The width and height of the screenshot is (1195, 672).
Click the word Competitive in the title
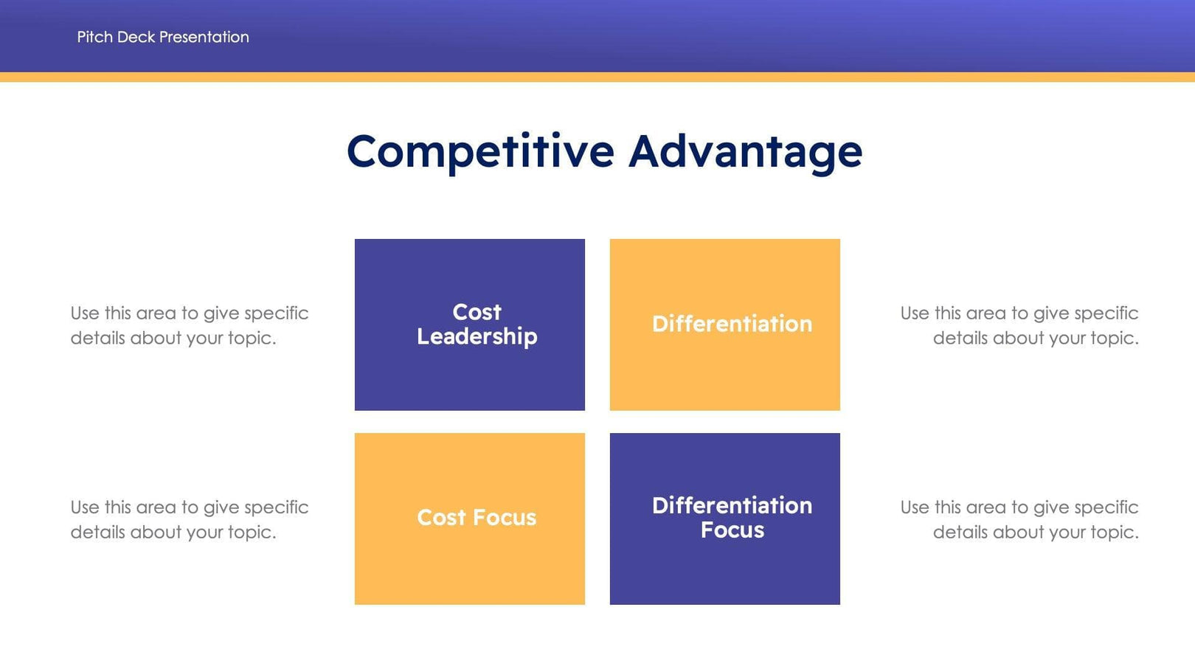click(480, 152)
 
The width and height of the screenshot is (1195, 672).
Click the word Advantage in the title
click(745, 152)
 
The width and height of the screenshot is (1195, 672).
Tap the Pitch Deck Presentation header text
click(163, 37)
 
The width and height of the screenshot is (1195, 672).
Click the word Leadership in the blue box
click(477, 336)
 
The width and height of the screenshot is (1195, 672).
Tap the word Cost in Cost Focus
click(441, 518)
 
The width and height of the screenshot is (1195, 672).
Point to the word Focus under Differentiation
click(732, 530)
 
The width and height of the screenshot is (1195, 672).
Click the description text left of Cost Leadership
click(189, 325)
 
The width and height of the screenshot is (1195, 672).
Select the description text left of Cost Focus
click(189, 519)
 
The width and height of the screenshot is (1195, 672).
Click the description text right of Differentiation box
click(1019, 325)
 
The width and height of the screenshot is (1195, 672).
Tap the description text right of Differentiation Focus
click(1019, 519)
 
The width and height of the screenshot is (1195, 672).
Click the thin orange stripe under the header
click(597, 77)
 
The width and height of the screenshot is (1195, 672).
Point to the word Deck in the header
click(136, 37)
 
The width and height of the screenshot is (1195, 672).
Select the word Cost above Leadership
click(477, 312)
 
